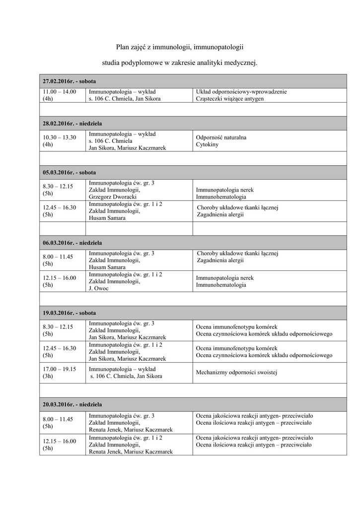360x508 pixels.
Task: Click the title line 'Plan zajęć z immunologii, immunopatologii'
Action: [x=180, y=47]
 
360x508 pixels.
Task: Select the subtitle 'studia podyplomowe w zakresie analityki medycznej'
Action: [x=180, y=63]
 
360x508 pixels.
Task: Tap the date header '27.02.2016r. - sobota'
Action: [x=70, y=81]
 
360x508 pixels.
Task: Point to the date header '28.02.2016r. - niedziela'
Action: [x=72, y=123]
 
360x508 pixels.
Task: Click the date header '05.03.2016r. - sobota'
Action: [x=70, y=172]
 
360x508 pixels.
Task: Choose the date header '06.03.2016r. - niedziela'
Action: [x=72, y=243]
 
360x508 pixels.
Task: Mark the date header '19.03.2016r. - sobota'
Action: [x=70, y=313]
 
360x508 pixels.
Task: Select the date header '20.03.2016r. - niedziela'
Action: [x=72, y=404]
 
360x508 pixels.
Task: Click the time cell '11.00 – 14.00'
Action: [x=60, y=92]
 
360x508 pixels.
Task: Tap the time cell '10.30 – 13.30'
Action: [x=60, y=137]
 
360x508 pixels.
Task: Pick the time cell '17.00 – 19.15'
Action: [x=60, y=369]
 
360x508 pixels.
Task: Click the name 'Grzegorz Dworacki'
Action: [x=113, y=196]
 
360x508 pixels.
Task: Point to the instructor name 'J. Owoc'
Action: [x=99, y=288]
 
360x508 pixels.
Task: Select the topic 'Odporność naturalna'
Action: [x=221, y=137]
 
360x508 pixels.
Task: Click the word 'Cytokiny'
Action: [x=207, y=145]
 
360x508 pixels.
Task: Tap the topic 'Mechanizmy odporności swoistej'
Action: [x=236, y=372]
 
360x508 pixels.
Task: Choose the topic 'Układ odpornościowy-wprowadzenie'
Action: [x=241, y=92]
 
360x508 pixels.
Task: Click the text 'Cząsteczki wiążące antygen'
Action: [x=230, y=99]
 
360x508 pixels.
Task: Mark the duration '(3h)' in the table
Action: [x=48, y=376]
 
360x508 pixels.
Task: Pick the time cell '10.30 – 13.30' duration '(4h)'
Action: [x=48, y=144]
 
